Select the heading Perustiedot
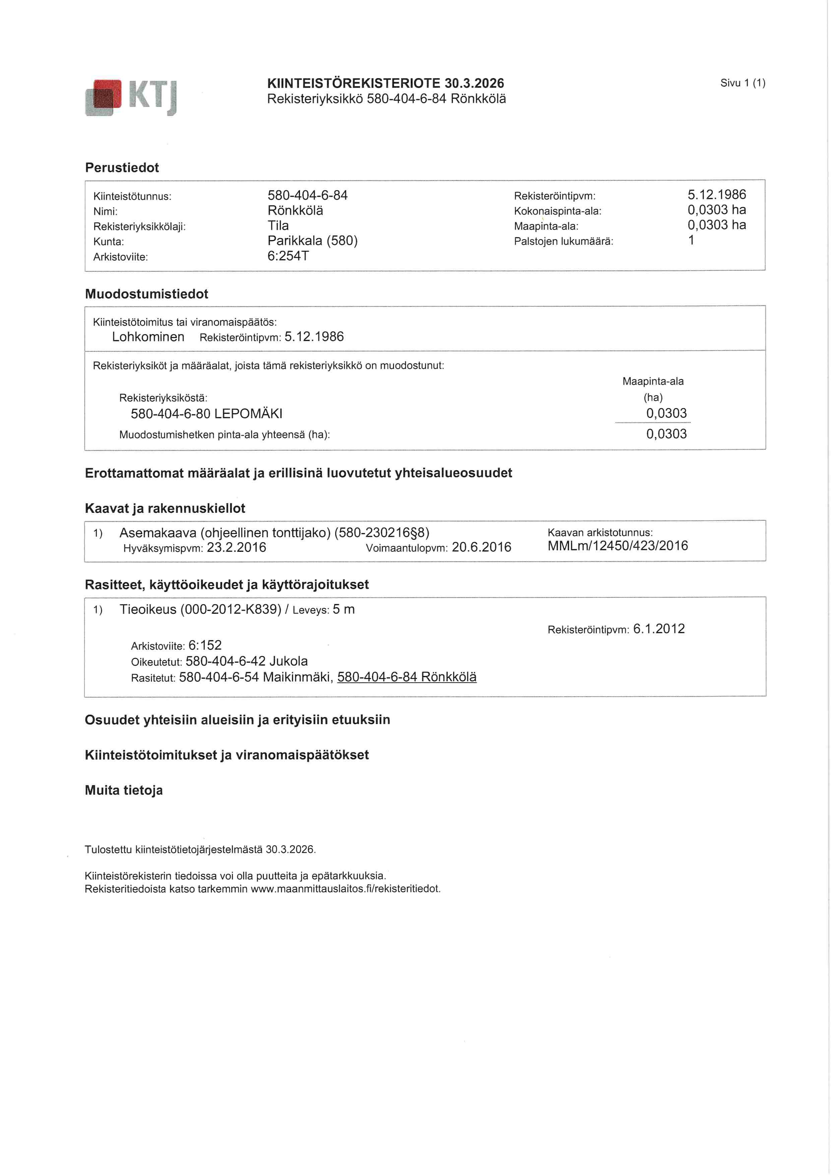[x=122, y=168]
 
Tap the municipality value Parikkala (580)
[x=312, y=241]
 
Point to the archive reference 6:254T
[x=288, y=256]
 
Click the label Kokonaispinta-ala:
[x=557, y=211]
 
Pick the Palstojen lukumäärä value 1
[x=691, y=240]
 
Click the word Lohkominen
[x=148, y=337]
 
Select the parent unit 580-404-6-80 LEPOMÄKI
[x=206, y=414]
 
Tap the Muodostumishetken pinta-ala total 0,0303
[x=666, y=434]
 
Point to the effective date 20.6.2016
[x=481, y=547]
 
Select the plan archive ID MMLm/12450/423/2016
[x=618, y=546]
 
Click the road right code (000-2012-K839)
[x=231, y=609]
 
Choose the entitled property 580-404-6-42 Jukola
[x=246, y=661]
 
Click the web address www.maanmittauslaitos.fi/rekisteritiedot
[x=345, y=889]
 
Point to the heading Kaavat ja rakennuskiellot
[x=165, y=508]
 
